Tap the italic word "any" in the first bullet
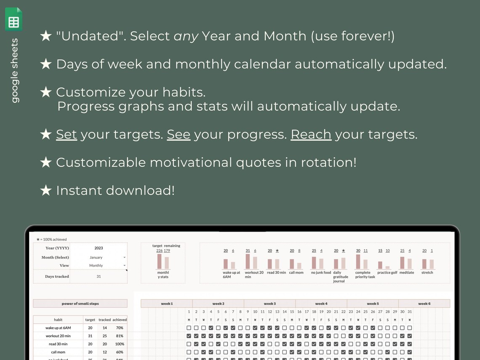[186, 36]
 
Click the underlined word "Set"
[67, 134]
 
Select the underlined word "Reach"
[311, 134]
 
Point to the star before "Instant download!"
[45, 191]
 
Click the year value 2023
[99, 248]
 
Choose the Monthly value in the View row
[96, 266]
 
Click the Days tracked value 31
[99, 277]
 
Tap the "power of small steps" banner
[80, 304]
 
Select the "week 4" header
[321, 304]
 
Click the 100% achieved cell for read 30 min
[120, 344]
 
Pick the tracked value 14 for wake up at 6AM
[104, 328]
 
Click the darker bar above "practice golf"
[380, 265]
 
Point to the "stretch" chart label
[427, 273]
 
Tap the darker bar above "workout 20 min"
[248, 261]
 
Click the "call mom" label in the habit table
[58, 352]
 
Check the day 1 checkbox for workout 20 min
[189, 336]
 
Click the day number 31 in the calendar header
[409, 312]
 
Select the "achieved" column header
[120, 320]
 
